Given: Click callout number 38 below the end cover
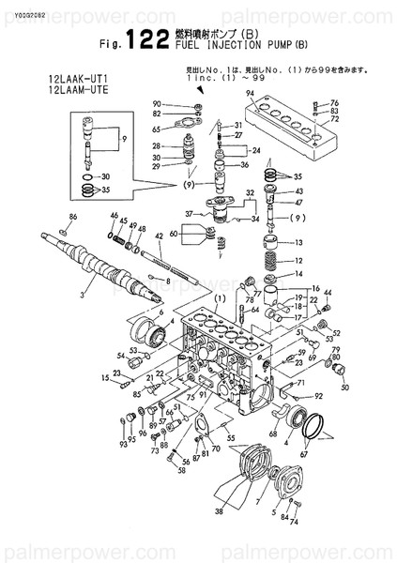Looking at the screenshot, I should coord(219,512).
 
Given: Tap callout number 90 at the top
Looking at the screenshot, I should coord(158,103).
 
